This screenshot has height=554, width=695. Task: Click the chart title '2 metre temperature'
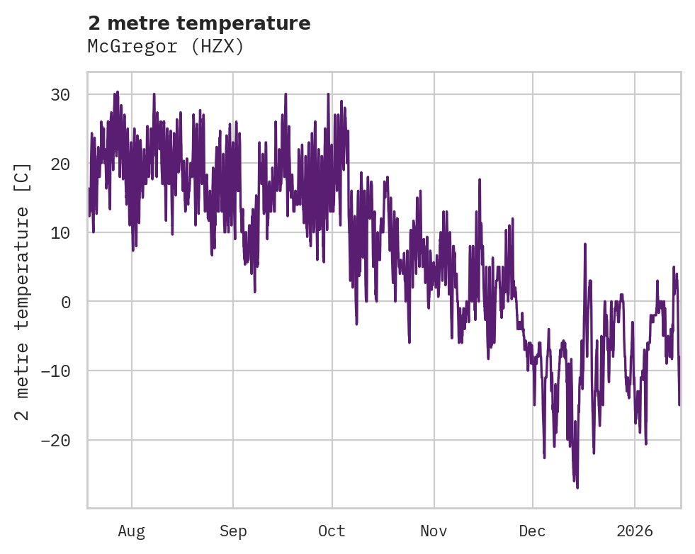tap(199, 23)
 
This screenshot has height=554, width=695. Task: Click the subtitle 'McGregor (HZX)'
tap(166, 46)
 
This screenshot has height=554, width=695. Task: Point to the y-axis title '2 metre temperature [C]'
tap(23, 291)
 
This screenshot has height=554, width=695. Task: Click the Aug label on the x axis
tap(131, 531)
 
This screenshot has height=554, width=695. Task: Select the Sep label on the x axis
tap(232, 531)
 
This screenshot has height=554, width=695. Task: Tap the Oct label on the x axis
tap(332, 531)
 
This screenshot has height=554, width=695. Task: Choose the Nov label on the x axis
tap(434, 531)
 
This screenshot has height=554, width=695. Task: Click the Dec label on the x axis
tap(532, 531)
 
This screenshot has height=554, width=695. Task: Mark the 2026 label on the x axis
tap(635, 531)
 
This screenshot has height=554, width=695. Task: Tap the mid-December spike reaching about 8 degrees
tap(585, 244)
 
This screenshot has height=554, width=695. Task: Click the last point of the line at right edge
tap(679, 405)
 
